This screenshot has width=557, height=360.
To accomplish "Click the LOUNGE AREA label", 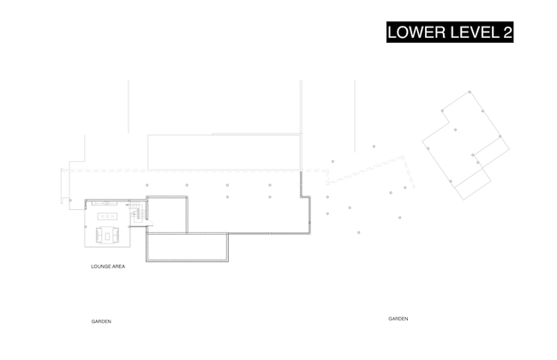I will click(108, 267).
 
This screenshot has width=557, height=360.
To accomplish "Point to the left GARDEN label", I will click(101, 321).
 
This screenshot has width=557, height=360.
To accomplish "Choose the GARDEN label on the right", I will click(398, 319).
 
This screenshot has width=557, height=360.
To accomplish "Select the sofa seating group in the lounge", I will click(107, 233).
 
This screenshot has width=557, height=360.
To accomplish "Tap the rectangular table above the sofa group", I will click(107, 217).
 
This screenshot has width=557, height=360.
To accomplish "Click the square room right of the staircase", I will click(166, 214).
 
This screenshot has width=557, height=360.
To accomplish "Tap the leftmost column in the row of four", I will click(147, 185).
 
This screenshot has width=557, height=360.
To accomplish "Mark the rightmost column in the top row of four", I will click(270, 185).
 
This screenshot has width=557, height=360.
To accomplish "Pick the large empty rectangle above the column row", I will click(224, 152).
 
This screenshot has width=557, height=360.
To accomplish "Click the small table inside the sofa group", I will click(107, 234).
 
